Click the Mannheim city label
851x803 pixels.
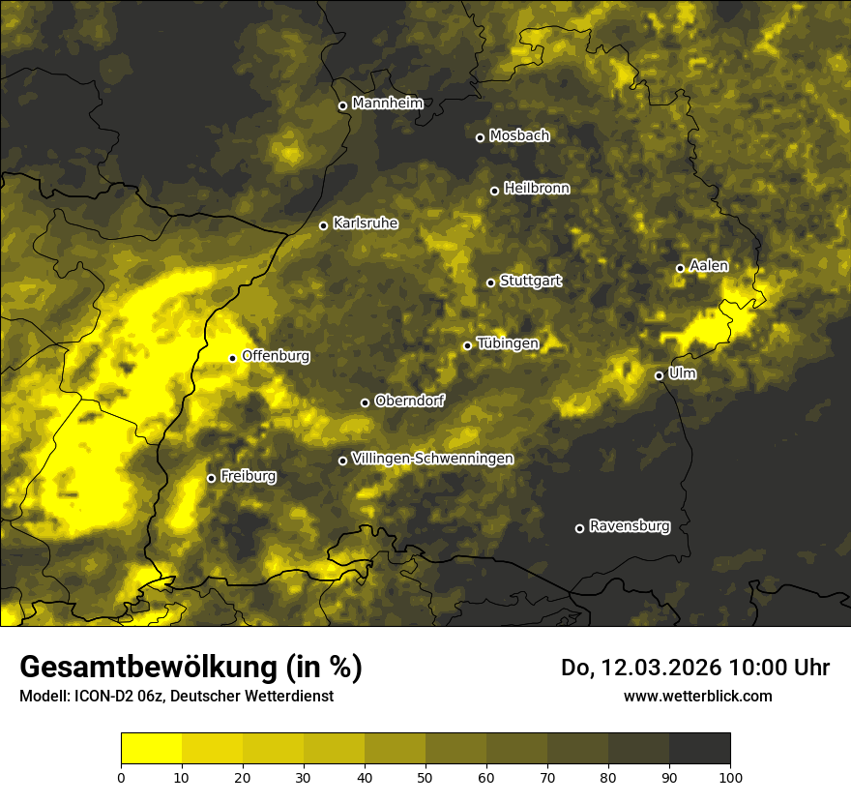pos(388,104)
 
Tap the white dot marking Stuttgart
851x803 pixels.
pos(490,283)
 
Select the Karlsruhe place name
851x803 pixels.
pos(365,223)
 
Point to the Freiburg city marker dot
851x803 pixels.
pos(211,478)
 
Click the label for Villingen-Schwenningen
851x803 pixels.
pos(432,459)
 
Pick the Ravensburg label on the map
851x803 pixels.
pos(629,526)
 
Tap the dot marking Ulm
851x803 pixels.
pos(659,375)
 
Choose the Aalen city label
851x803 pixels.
pos(709,266)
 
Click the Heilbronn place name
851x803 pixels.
pos(537,189)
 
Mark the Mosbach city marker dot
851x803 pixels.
pos(480,137)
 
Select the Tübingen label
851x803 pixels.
pos(508,343)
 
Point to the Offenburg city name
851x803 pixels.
pos(276,356)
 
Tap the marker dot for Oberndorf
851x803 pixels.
pos(365,402)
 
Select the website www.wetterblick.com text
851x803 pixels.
pos(697,696)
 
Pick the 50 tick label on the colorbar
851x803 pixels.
pos(425,777)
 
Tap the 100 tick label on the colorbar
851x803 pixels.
pos(730,777)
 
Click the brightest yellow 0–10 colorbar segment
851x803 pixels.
pos(151,749)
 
